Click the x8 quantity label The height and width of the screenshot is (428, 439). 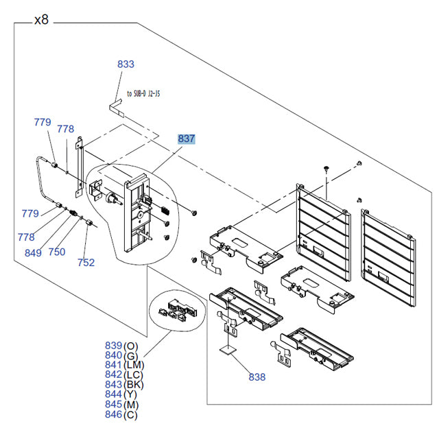(41, 20)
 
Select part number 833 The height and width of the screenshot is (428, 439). (126, 64)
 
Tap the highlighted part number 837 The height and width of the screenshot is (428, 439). (187, 139)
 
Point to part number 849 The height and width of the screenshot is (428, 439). (32, 253)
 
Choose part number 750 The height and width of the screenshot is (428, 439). (56, 252)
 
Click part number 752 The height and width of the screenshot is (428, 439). (86, 262)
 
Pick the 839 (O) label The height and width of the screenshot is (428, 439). (121, 345)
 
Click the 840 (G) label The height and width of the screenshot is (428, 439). (121, 355)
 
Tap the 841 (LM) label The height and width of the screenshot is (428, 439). (123, 365)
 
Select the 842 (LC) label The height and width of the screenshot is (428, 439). (123, 374)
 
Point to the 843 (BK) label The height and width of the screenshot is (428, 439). (123, 384)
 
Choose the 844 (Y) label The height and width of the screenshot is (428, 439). (121, 394)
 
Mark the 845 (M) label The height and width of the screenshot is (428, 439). (121, 404)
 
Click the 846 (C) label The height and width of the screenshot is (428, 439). (121, 414)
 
